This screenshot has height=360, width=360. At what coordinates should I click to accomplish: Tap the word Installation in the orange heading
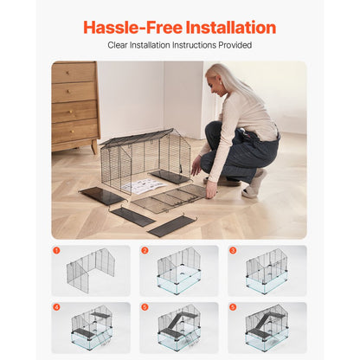(x=229, y=28)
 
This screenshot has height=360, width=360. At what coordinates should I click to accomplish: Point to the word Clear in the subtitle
(x=118, y=45)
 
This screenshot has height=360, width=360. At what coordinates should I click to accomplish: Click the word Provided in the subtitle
(x=235, y=45)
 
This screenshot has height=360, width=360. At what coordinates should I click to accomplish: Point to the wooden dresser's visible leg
(x=93, y=147)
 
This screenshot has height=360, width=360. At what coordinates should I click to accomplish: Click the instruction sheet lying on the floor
(x=143, y=185)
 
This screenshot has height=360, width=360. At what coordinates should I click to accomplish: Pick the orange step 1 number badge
(x=57, y=251)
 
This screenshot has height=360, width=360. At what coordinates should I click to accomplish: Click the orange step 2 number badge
(x=145, y=251)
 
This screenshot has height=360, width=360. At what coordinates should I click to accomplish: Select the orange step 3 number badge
(x=233, y=251)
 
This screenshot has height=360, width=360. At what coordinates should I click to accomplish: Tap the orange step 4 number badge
(x=57, y=306)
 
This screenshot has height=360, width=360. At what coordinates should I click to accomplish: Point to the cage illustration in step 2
(x=179, y=273)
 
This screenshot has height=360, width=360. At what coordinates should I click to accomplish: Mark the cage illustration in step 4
(x=91, y=328)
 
